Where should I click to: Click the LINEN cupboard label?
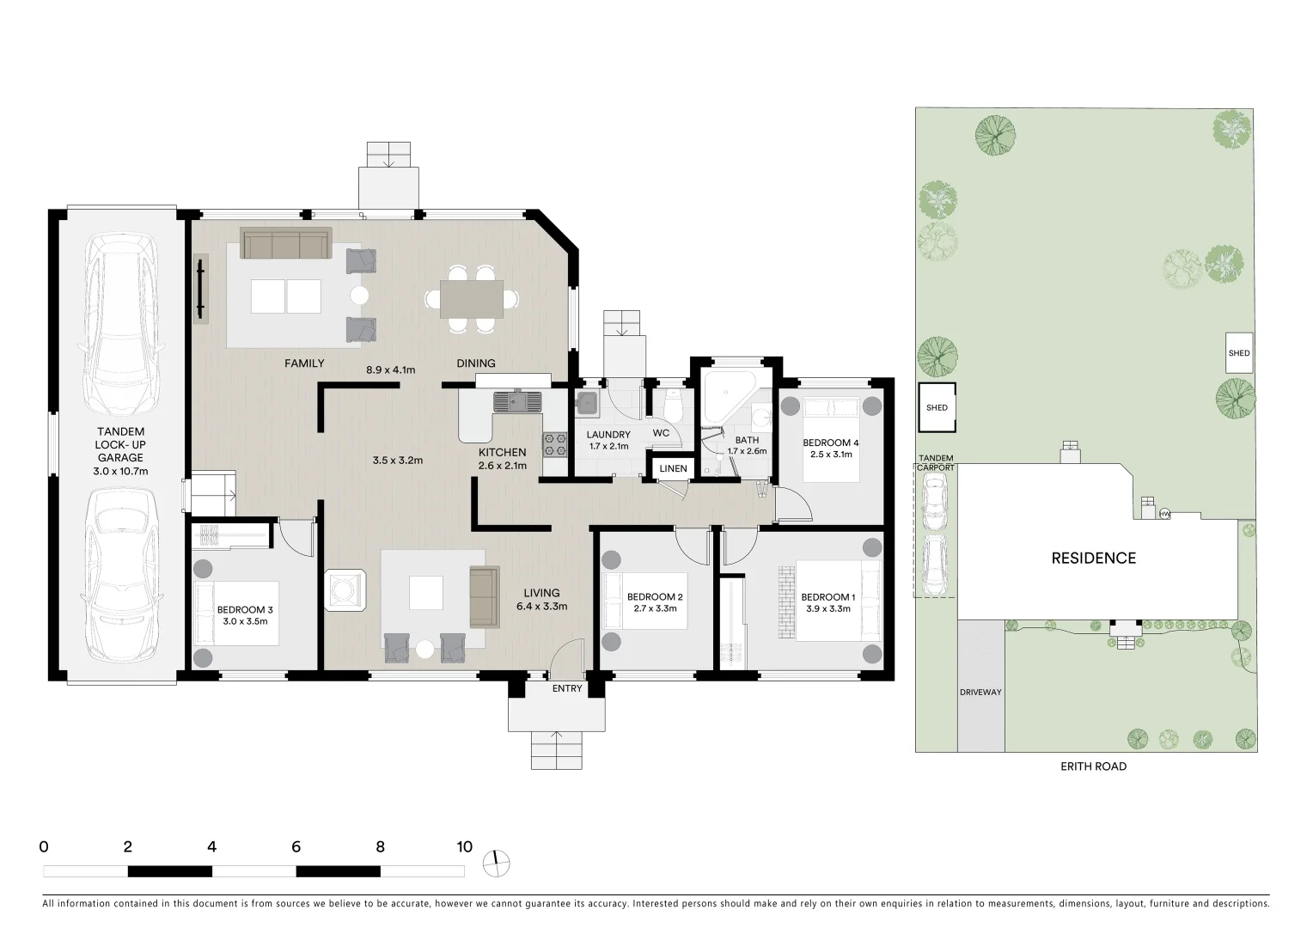673,468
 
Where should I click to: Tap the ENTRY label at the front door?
567,688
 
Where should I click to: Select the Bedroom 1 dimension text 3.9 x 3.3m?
827,608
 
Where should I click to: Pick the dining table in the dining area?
472,299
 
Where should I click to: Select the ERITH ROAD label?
1093,766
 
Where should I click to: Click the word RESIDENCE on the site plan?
1093,559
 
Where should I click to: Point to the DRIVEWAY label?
980,692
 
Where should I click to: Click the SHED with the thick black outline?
937,407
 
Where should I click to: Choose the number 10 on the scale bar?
464,847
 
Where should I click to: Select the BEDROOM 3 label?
245,610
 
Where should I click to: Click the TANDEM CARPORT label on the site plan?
936,462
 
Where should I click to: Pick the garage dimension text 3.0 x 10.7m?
120,471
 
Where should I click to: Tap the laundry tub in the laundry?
589,403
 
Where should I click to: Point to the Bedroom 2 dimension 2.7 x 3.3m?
655,608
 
